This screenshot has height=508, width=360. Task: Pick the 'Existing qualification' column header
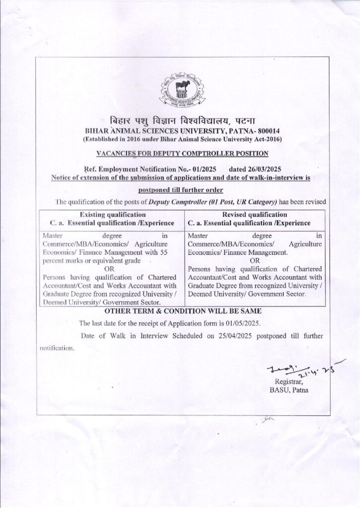pyautogui.click(x=113, y=214)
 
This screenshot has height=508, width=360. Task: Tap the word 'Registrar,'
pyautogui.click(x=288, y=381)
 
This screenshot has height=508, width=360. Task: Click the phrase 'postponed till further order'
pyautogui.click(x=181, y=190)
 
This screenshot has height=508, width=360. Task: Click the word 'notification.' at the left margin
pyautogui.click(x=57, y=348)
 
